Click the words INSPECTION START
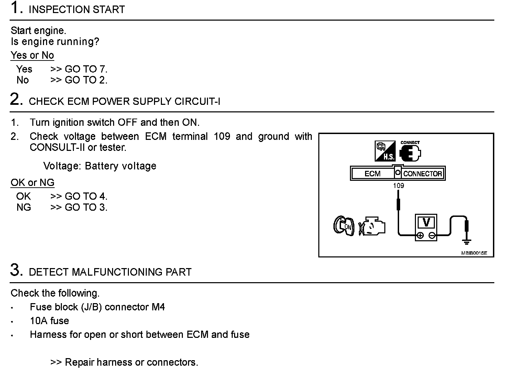tap(77, 10)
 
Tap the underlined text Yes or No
tap(32, 55)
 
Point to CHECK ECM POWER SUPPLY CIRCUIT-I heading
tap(124, 101)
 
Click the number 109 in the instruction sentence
tap(222, 136)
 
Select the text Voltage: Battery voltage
tap(100, 166)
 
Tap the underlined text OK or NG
tap(32, 183)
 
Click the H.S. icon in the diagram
tap(385, 152)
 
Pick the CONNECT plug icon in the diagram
tap(410, 152)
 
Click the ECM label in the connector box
tap(372, 174)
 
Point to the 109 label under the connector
tap(398, 186)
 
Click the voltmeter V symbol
tap(426, 223)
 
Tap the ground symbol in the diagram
tap(466, 242)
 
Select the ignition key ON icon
tap(343, 226)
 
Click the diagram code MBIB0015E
tap(474, 253)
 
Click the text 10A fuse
tap(49, 321)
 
